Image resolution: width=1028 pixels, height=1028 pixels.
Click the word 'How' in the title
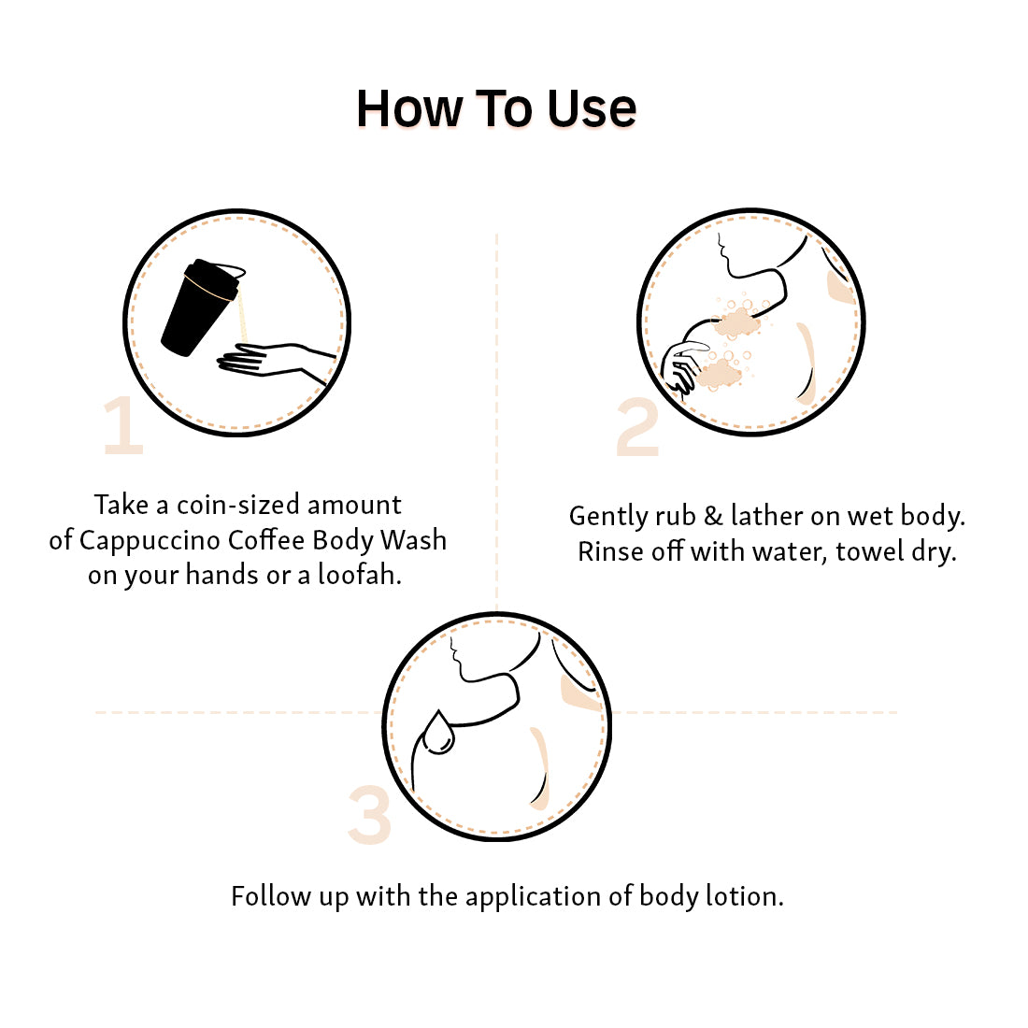[410, 108]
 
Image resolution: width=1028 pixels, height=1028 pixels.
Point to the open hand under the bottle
[276, 363]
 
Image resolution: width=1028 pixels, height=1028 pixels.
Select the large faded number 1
[123, 425]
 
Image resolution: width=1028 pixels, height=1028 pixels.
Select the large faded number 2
[638, 427]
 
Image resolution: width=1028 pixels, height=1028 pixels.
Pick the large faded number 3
[370, 815]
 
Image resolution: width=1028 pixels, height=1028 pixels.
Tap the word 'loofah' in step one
[357, 575]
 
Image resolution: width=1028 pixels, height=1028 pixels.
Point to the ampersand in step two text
[713, 516]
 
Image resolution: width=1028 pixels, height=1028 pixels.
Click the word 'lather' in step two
[767, 516]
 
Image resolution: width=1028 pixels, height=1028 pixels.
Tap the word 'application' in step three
[533, 897]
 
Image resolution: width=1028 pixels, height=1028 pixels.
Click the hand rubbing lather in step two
[683, 368]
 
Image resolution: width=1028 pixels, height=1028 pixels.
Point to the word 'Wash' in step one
[414, 540]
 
